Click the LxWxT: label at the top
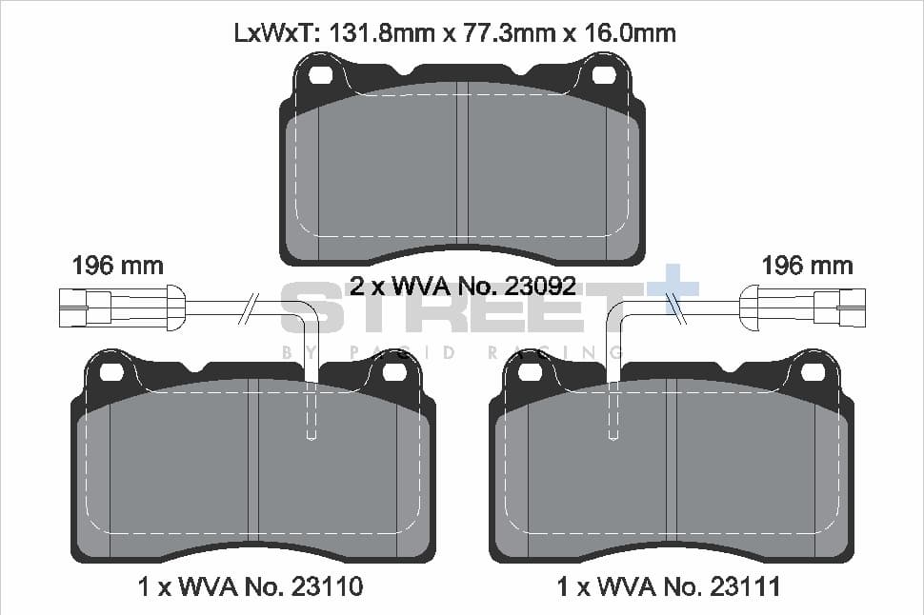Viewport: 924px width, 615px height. [x=276, y=32]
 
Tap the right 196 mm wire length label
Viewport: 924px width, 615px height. [x=807, y=265]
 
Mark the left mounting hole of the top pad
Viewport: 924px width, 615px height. [x=321, y=75]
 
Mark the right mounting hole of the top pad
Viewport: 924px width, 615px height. [x=603, y=75]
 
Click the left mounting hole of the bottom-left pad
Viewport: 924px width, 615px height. [x=112, y=371]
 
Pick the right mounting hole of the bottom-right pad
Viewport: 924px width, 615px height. [x=812, y=371]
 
